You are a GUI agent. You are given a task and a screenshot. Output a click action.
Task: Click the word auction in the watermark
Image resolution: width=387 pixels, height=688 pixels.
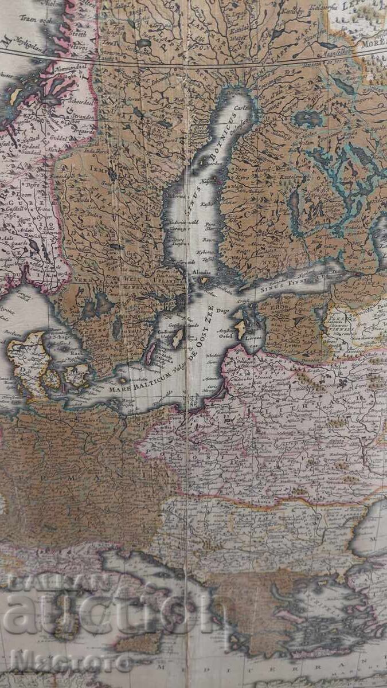point(109,614)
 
